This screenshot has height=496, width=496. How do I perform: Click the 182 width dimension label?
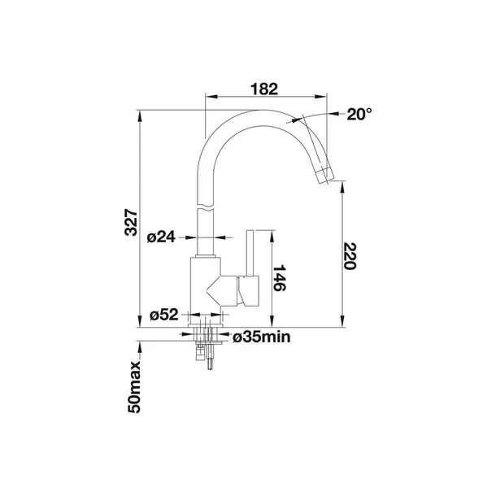(x=264, y=89)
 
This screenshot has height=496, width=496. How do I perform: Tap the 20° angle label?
(x=359, y=114)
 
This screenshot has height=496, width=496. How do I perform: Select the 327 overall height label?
(x=131, y=222)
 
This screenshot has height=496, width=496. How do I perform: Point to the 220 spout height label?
(x=350, y=256)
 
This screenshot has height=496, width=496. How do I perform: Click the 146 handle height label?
(x=280, y=278)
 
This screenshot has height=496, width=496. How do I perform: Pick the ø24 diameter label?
(x=161, y=237)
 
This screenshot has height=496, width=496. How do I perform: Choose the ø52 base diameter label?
(x=164, y=315)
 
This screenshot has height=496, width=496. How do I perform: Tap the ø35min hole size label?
(x=261, y=337)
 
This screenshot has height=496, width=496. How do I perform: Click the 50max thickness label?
(x=134, y=387)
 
